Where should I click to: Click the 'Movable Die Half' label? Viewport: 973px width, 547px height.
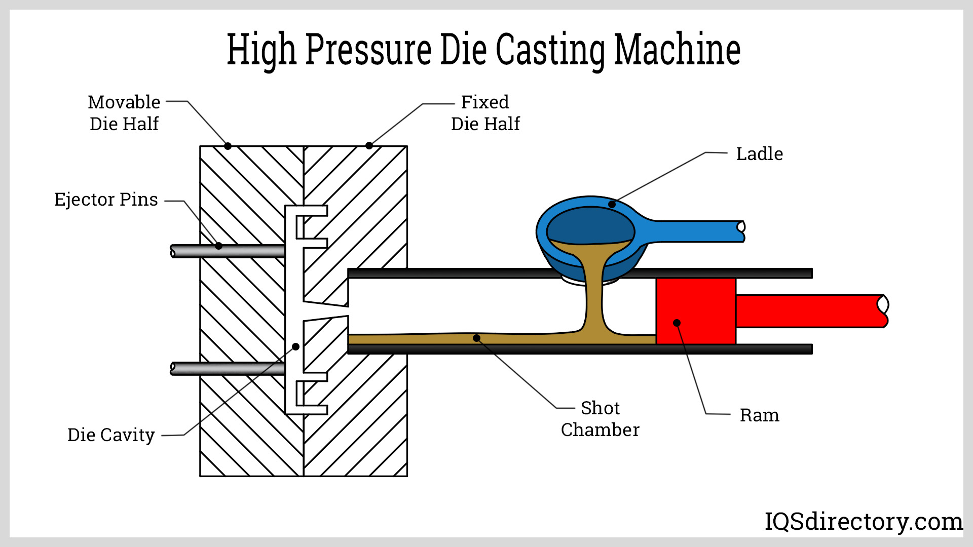124,113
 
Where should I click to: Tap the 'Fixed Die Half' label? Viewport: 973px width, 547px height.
485,113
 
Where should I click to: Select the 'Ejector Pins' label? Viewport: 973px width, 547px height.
106,200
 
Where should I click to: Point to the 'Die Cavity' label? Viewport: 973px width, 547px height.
111,435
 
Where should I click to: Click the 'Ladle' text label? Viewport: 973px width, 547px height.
759,154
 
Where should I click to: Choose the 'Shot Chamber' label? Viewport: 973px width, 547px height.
600,419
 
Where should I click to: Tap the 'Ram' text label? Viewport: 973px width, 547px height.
759,415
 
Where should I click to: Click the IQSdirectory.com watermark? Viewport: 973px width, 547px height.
863,521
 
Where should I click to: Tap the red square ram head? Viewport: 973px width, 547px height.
696,310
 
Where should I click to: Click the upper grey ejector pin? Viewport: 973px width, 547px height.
228,251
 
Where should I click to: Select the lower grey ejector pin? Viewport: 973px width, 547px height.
228,369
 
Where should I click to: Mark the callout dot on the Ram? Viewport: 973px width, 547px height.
677,323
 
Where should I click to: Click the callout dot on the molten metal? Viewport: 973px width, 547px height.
476,338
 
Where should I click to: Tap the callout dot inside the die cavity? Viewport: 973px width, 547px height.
295,347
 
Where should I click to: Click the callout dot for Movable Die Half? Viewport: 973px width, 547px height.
228,146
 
